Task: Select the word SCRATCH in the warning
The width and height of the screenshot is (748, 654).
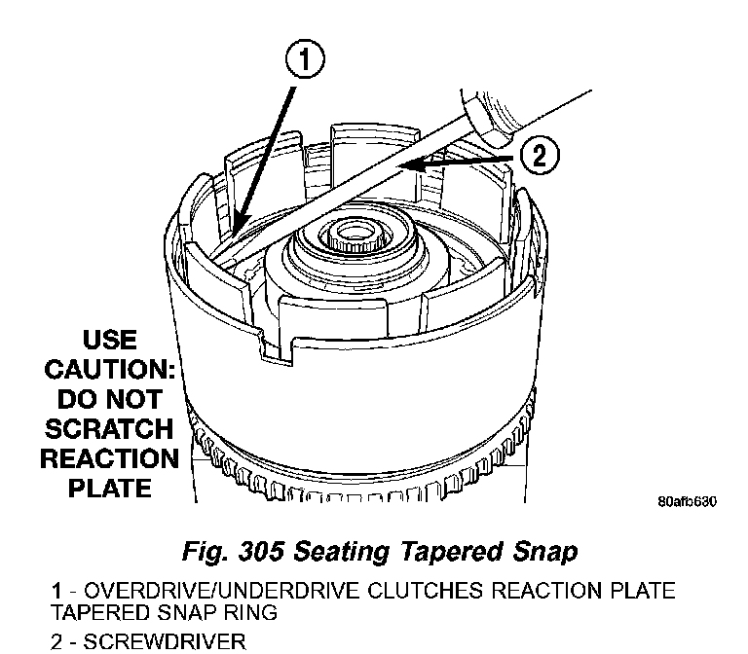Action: [109, 428]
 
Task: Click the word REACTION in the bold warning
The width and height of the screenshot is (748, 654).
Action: [109, 457]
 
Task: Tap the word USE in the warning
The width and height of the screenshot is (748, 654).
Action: [110, 342]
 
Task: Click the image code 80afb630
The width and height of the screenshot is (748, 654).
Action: [687, 502]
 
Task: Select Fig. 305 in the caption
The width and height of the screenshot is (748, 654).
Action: [229, 552]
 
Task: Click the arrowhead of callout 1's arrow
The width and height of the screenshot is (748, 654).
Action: [239, 230]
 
